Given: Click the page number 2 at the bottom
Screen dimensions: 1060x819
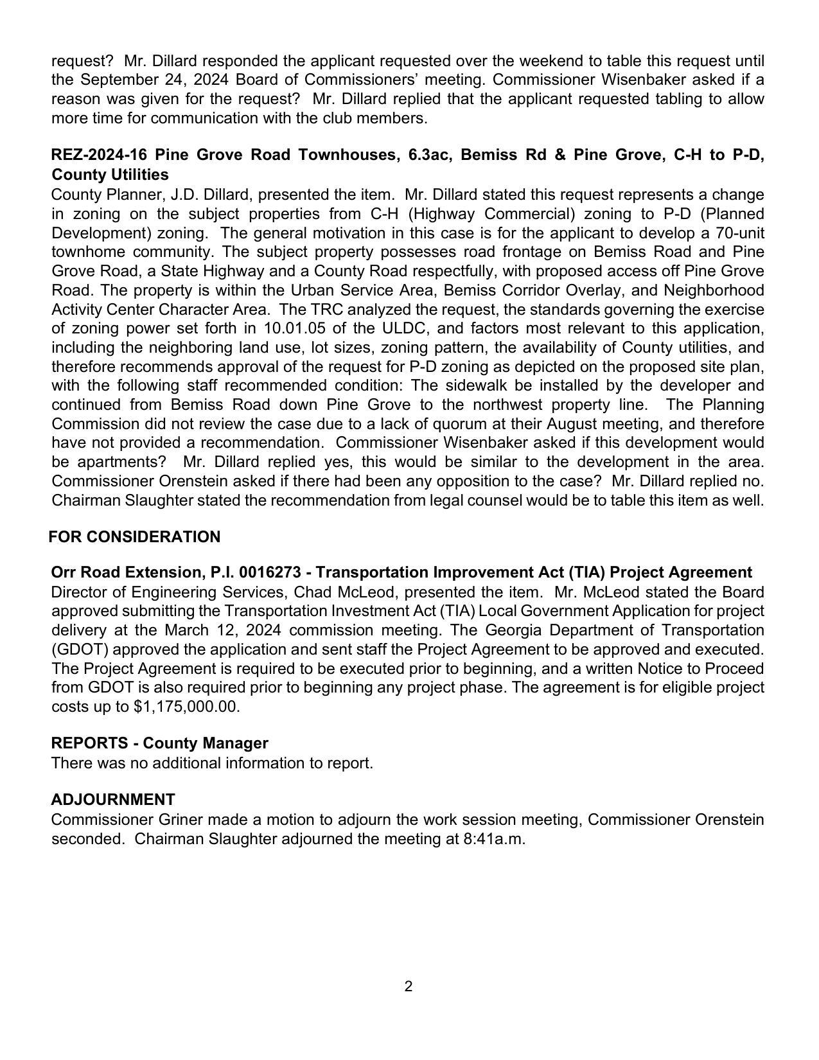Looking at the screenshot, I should coord(409,986).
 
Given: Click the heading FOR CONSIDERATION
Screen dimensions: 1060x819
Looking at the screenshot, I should coord(134,537).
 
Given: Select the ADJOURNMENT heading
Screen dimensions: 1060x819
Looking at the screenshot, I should coord(113,800).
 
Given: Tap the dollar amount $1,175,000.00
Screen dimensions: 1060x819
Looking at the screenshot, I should coord(186,707).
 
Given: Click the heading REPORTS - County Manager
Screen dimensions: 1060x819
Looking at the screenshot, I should coord(159,743).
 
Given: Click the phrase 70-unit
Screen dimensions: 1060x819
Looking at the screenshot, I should coord(739,233).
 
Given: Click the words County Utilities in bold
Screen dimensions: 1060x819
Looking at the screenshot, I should coord(110,175).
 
